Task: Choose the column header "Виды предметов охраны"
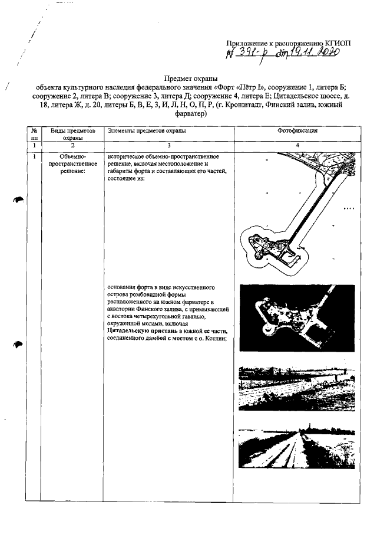point(67,133)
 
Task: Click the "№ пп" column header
point(35,133)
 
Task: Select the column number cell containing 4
point(297,145)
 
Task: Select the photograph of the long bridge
point(297,387)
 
